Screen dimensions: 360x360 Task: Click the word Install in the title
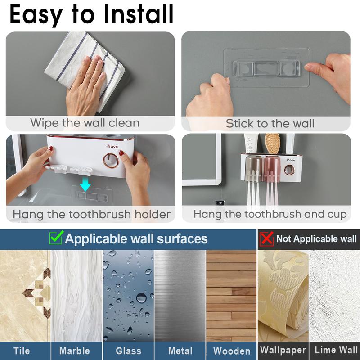pos(139,14)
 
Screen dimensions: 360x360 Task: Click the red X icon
pos(266,239)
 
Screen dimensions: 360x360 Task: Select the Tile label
pos(22,351)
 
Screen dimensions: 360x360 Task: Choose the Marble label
pos(74,351)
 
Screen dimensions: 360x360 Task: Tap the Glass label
pos(128,351)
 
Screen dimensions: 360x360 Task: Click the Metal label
pos(180,351)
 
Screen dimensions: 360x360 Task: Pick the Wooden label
pos(232,351)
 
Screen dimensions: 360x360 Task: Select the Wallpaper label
pos(283,351)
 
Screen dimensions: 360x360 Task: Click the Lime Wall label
pos(336,350)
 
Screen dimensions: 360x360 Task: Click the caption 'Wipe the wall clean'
pos(85,123)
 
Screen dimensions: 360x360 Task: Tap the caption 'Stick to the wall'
pos(270,123)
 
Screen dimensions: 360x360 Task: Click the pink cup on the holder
pos(272,167)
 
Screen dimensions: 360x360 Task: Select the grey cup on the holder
pos(254,167)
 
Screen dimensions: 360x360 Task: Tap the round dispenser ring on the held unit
pos(111,160)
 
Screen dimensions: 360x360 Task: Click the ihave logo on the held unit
pos(112,146)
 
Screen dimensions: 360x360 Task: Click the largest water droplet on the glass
pos(141,298)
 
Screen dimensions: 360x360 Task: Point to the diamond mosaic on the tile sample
pos(38,293)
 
